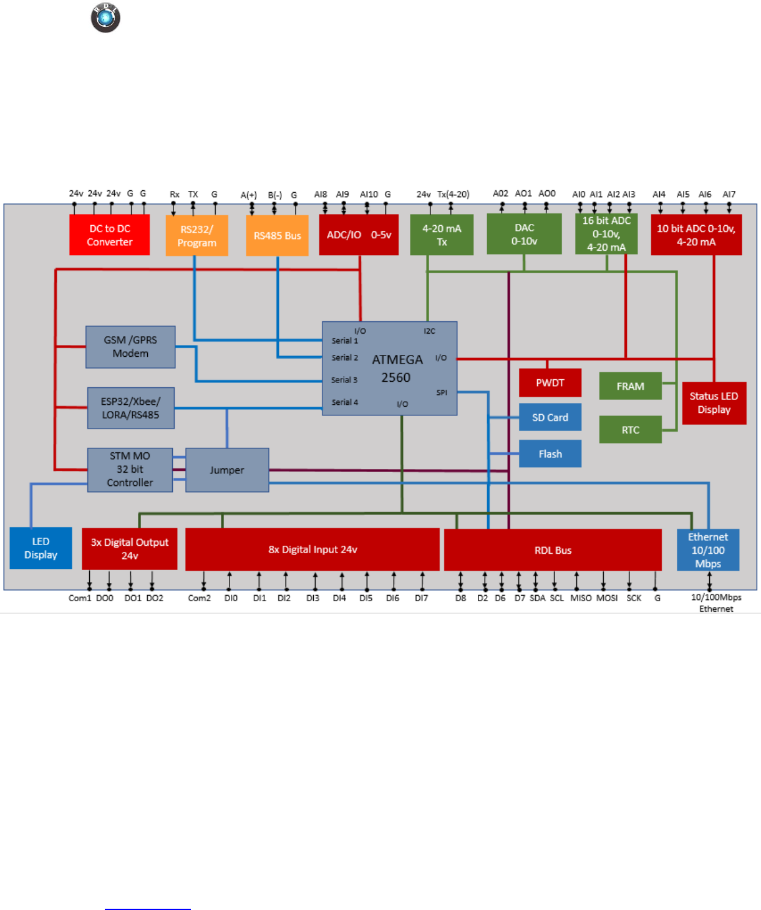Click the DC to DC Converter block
[109, 235]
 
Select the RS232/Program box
[196, 236]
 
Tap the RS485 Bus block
[277, 236]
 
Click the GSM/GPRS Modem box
[130, 347]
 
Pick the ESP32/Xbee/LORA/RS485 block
[130, 408]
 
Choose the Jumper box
[227, 470]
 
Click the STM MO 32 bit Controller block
[130, 470]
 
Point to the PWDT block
[550, 383]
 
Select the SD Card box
[550, 417]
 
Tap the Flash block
[550, 454]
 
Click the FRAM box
[630, 386]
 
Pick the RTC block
[630, 430]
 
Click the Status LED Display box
[714, 403]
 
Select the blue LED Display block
[41, 548]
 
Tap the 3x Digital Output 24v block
[129, 549]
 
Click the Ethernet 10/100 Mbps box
[708, 550]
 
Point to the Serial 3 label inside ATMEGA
[344, 380]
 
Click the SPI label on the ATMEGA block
[442, 392]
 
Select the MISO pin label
[581, 598]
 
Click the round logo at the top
[105, 17]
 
